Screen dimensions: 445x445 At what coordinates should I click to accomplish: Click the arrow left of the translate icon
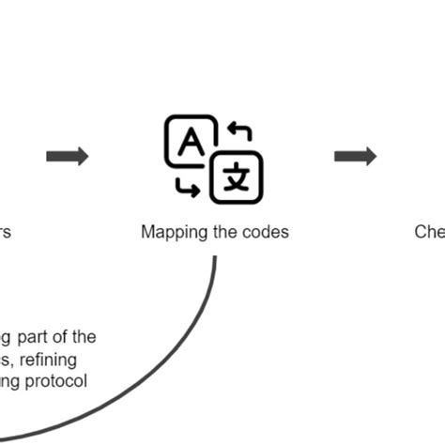tap(68, 156)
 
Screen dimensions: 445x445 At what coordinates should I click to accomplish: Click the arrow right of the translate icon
tap(356, 156)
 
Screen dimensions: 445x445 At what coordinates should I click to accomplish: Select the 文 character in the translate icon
tap(236, 176)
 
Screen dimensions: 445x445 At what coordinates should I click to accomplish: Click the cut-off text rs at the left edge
tap(5, 232)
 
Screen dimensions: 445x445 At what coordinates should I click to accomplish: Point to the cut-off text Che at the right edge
tap(429, 232)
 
